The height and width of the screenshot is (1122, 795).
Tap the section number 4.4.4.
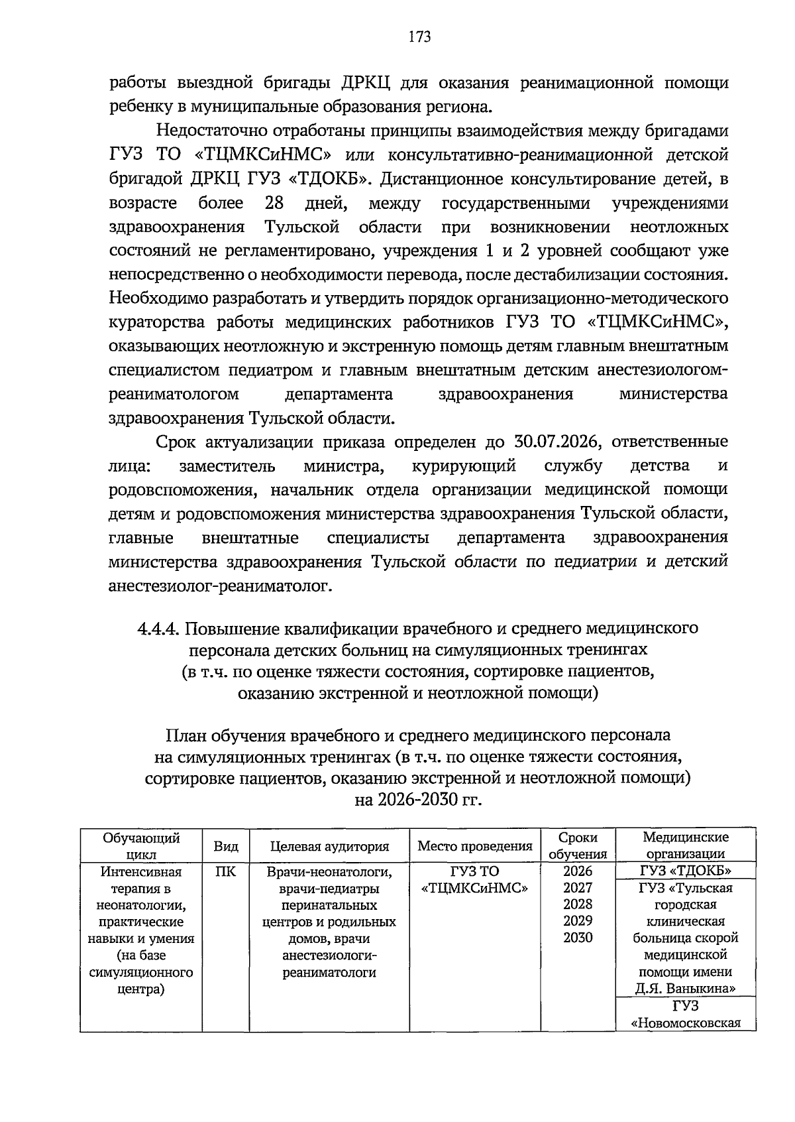tap(160, 627)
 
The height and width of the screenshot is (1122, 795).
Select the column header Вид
tap(226, 846)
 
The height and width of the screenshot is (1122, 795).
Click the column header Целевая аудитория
tap(329, 846)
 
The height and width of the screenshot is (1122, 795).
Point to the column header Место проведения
tap(474, 846)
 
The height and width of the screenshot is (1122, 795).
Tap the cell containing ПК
tap(226, 871)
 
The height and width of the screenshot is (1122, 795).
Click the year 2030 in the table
tap(578, 938)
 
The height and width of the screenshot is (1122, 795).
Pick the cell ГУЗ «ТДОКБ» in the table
tap(685, 871)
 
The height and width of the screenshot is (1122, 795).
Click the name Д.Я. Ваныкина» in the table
tap(685, 989)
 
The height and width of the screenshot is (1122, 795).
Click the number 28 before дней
tap(274, 203)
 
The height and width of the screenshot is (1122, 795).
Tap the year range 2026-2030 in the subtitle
tap(417, 800)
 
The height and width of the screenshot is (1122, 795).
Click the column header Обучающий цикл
tap(140, 846)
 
